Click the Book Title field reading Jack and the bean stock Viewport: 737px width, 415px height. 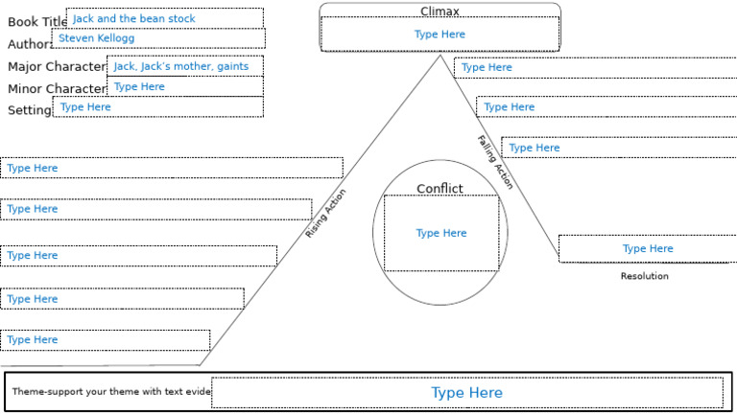(x=164, y=18)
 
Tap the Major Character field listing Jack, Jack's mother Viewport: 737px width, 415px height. (x=184, y=66)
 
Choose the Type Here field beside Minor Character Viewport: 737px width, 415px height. (x=184, y=87)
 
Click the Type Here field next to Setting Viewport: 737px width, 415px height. (x=157, y=107)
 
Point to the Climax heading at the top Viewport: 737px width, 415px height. (x=440, y=12)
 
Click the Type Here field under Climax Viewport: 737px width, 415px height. (x=440, y=35)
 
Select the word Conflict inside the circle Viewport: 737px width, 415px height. (x=440, y=189)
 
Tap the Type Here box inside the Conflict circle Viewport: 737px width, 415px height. (x=440, y=233)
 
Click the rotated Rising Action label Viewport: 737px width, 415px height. (x=326, y=214)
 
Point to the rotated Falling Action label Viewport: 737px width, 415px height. (x=495, y=162)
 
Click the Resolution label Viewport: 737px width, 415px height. (x=644, y=276)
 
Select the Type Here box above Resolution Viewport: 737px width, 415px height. (x=648, y=248)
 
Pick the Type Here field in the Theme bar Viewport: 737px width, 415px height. (x=466, y=393)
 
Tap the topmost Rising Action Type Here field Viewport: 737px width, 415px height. (x=171, y=168)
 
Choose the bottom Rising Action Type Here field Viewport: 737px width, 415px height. (x=105, y=340)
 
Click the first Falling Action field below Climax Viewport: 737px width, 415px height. (x=595, y=68)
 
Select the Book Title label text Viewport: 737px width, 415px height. (x=36, y=22)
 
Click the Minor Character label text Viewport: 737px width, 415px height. (x=56, y=89)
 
